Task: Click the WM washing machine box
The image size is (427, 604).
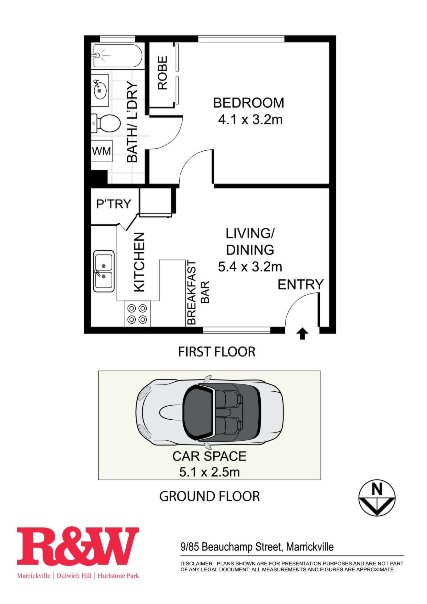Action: [x=102, y=151]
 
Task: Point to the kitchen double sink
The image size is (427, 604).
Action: [x=104, y=271]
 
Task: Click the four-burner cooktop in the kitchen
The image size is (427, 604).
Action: [x=137, y=314]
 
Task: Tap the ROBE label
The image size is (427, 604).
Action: [x=162, y=73]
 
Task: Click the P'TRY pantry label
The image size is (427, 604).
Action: [x=114, y=204]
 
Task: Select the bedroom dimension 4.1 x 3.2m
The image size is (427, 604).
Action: [x=250, y=120]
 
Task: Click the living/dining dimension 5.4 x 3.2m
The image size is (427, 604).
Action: [x=250, y=267]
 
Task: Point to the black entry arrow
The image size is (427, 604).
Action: [x=302, y=333]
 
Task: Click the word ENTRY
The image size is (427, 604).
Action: [x=301, y=284]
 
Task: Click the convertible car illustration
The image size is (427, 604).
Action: [x=209, y=412]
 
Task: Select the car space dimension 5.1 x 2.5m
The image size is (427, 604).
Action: [x=210, y=472]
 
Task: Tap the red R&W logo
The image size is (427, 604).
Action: [x=78, y=546]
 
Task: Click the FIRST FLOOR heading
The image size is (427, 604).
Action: [x=217, y=352]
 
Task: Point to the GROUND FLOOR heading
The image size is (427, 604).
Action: [x=210, y=496]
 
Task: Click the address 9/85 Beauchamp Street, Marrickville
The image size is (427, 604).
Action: [x=257, y=547]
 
